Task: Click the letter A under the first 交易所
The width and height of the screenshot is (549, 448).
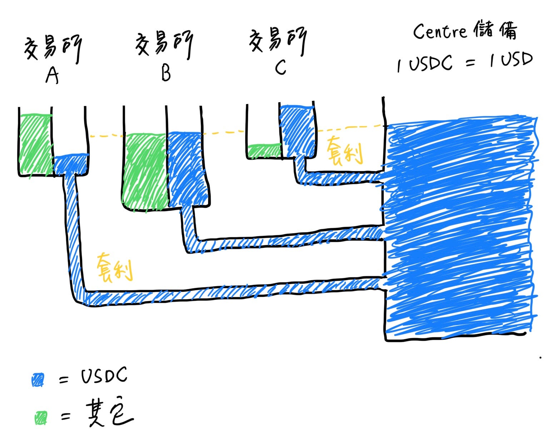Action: tap(52, 75)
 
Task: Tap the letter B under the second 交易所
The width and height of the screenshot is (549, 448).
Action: tap(166, 73)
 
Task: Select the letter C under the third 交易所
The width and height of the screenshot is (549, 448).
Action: tap(281, 67)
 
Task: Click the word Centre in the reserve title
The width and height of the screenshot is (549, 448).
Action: tap(440, 31)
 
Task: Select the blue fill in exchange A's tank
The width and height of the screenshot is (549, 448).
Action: tap(71, 164)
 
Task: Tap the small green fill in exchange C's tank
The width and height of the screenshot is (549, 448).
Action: tap(264, 151)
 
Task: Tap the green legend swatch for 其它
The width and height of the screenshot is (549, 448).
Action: tap(41, 417)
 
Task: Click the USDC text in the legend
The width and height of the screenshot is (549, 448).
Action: tap(104, 376)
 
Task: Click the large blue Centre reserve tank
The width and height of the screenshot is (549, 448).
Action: tap(461, 229)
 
